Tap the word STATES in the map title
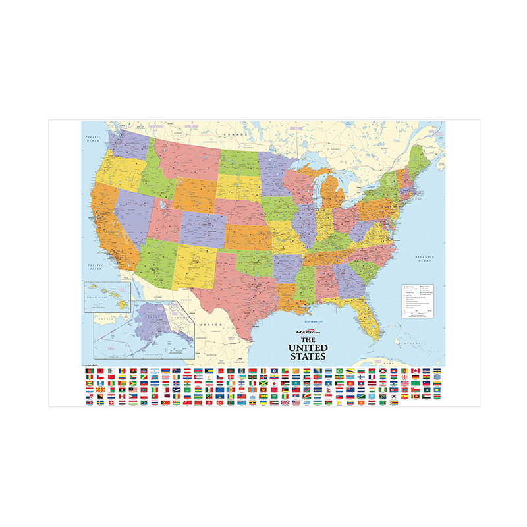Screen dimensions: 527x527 click(x=308, y=356)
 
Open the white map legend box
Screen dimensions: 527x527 click(x=418, y=300)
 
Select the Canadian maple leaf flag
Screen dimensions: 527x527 click(x=415, y=371)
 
